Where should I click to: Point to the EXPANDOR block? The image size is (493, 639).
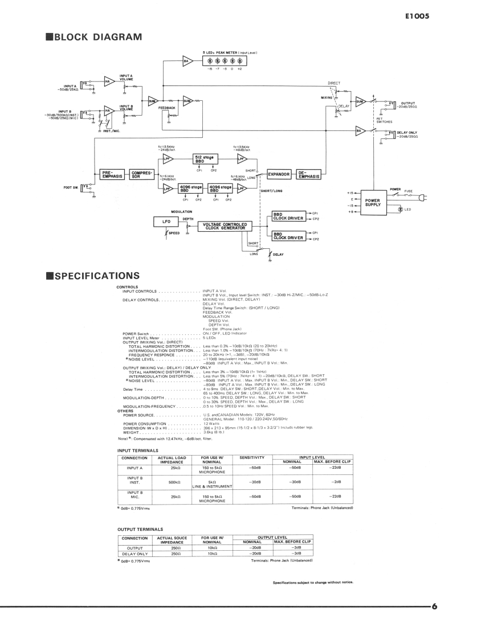[x=279, y=174]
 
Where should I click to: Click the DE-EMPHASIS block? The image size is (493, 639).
[x=309, y=174]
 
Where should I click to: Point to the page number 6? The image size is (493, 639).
[x=434, y=606]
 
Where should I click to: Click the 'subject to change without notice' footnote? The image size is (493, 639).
[x=313, y=582]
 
